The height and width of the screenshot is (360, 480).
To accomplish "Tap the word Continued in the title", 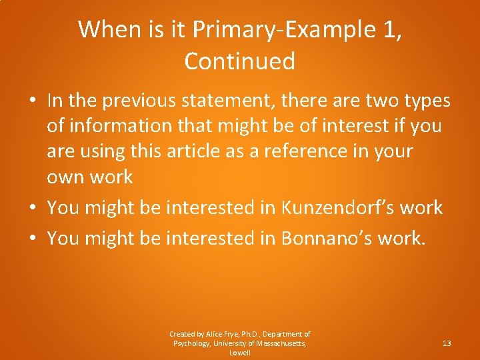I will (239, 61).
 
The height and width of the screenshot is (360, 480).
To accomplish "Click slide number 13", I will (447, 343).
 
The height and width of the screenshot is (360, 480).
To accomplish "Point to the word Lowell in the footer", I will (240, 353).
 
